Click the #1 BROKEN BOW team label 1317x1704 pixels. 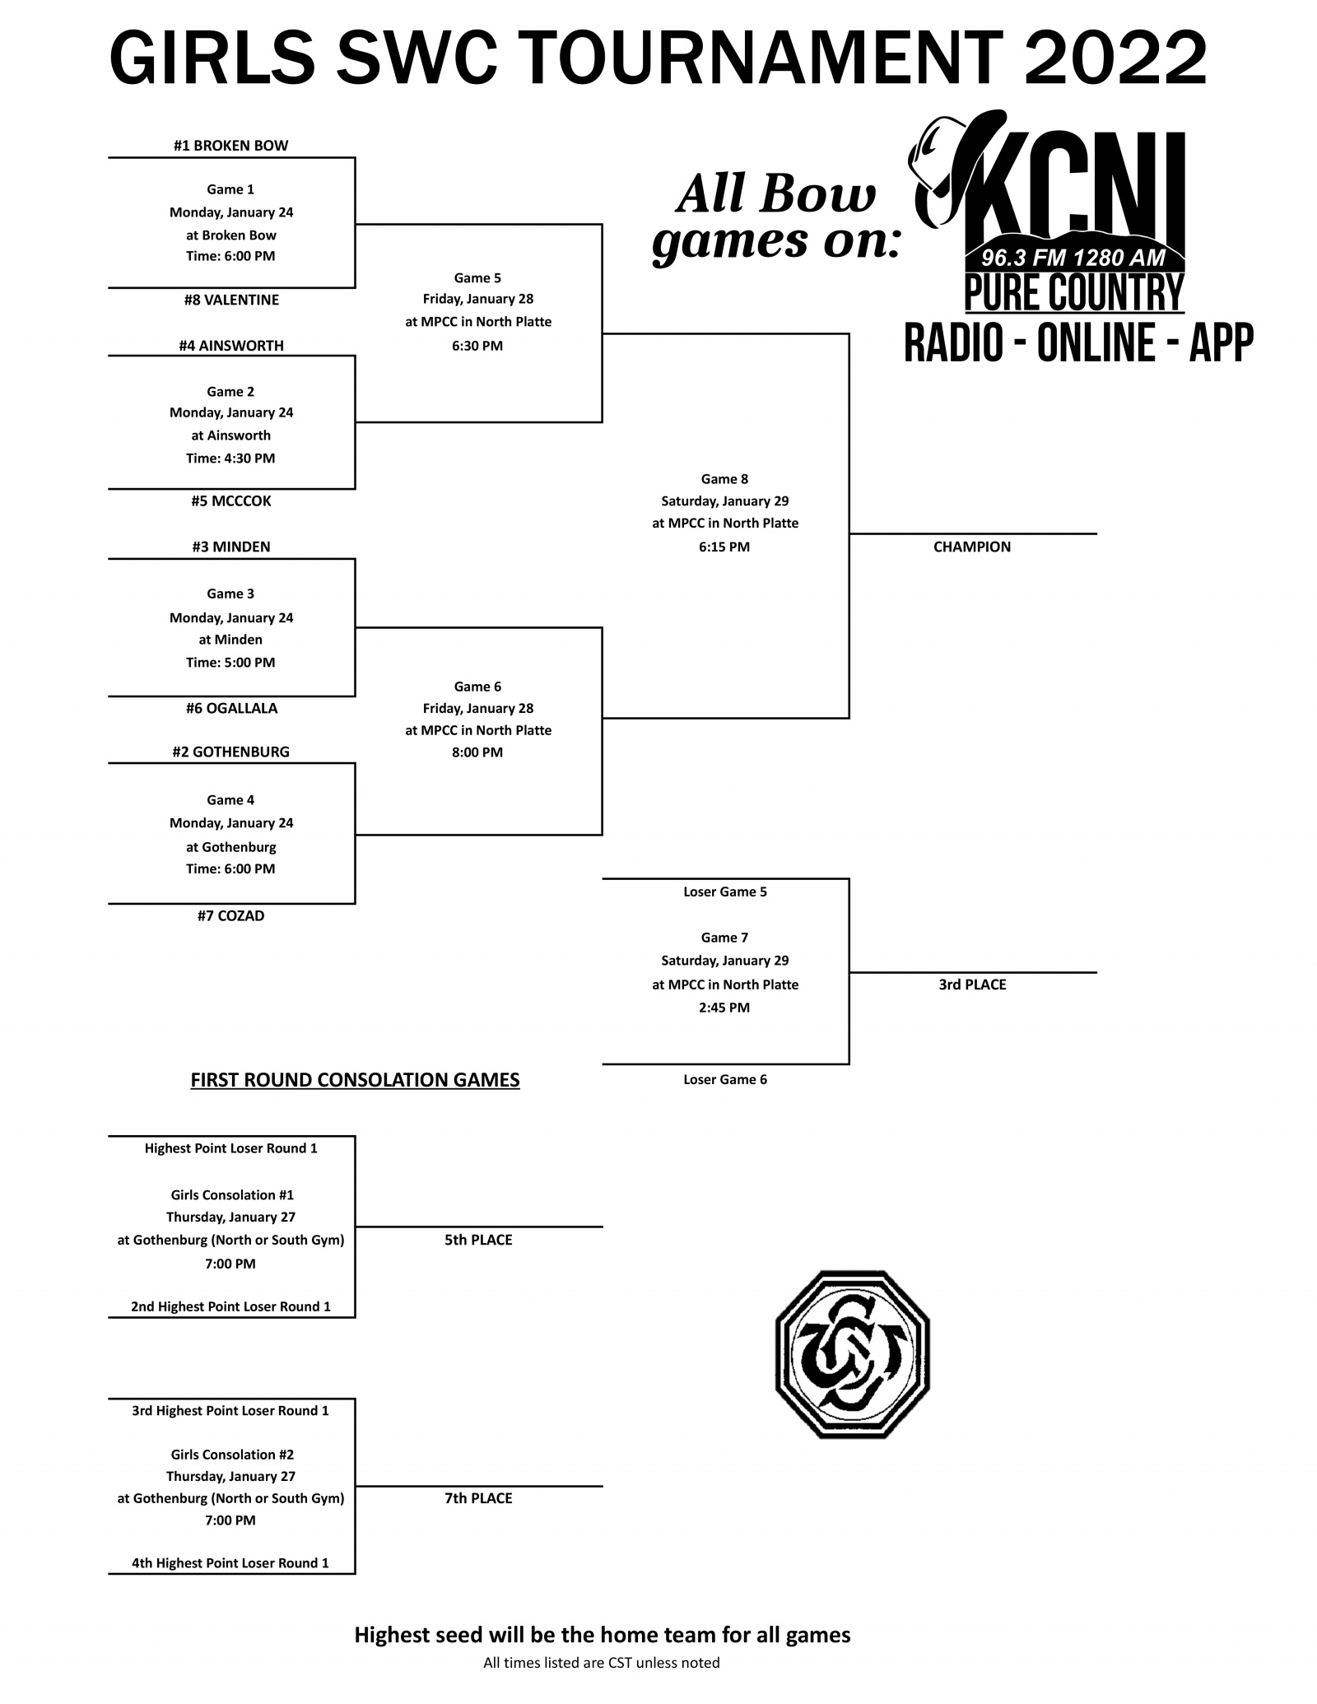pyautogui.click(x=230, y=146)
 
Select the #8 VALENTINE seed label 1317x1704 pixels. pyautogui.click(x=231, y=300)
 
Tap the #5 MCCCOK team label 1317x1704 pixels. pyautogui.click(x=231, y=500)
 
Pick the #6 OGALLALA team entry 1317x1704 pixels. pyautogui.click(x=231, y=708)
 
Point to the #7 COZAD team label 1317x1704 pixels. pyautogui.click(x=231, y=915)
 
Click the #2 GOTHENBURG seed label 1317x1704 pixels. pyautogui.click(x=231, y=752)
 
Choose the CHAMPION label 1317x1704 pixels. pyautogui.click(x=972, y=547)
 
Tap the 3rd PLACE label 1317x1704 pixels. pyautogui.click(x=972, y=985)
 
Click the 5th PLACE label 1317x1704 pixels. pyautogui.click(x=478, y=1240)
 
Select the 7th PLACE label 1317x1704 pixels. pyautogui.click(x=478, y=1498)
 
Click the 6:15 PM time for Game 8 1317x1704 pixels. pyautogui.click(x=724, y=547)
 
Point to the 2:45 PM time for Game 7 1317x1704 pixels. pyautogui.click(x=724, y=1007)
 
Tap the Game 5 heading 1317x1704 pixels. pyautogui.click(x=477, y=278)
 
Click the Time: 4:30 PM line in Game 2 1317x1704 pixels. pyautogui.click(x=230, y=458)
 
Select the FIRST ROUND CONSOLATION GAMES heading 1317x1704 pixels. pyautogui.click(x=355, y=1079)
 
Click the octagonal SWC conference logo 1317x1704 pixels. pyautogui.click(x=852, y=1353)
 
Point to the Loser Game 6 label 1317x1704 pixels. pyautogui.click(x=725, y=1079)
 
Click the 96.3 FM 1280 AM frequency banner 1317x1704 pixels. pyautogui.click(x=1073, y=258)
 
